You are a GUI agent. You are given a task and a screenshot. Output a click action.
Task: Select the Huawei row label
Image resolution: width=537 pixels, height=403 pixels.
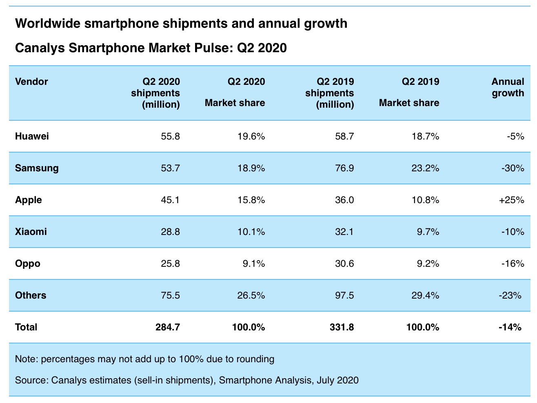point(32,136)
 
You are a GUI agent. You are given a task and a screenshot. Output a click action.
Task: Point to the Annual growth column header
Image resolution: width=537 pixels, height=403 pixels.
point(508,87)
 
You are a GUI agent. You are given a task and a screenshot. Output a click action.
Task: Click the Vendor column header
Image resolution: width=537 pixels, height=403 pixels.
point(31,82)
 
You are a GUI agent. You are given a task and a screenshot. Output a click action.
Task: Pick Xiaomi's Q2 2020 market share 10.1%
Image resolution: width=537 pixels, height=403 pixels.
point(251,232)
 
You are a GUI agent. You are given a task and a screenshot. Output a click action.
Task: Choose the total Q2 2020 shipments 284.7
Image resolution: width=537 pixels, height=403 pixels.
point(168,327)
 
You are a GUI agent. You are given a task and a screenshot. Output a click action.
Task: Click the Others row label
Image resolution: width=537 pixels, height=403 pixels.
point(31,295)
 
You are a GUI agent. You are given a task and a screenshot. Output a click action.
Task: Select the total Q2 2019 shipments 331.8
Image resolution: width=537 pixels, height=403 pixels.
point(342,327)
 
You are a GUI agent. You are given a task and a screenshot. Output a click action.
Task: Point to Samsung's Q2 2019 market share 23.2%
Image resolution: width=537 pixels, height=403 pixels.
point(425,168)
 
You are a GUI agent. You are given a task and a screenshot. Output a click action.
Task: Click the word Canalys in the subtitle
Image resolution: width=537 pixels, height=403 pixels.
point(40,48)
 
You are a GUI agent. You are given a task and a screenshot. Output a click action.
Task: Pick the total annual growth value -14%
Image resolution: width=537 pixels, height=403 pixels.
point(510,327)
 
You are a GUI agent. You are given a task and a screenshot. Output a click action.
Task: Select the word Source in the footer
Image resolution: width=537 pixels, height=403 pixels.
point(31,381)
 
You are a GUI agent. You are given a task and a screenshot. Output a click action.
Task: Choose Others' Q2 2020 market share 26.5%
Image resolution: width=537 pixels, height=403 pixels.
point(251,295)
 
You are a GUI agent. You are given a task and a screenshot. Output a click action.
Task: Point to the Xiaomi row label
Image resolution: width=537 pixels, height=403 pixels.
point(31,232)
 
